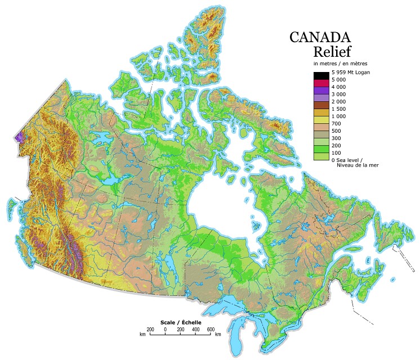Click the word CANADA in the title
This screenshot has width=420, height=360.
click(x=323, y=37)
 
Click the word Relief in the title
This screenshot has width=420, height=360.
click(x=332, y=52)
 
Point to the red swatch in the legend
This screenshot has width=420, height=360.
click(x=321, y=83)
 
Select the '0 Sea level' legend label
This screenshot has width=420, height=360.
click(x=351, y=160)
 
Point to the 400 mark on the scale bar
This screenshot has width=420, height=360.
click(x=195, y=328)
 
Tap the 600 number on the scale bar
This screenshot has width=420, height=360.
click(x=211, y=328)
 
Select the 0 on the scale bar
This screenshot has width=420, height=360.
click(x=165, y=328)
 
